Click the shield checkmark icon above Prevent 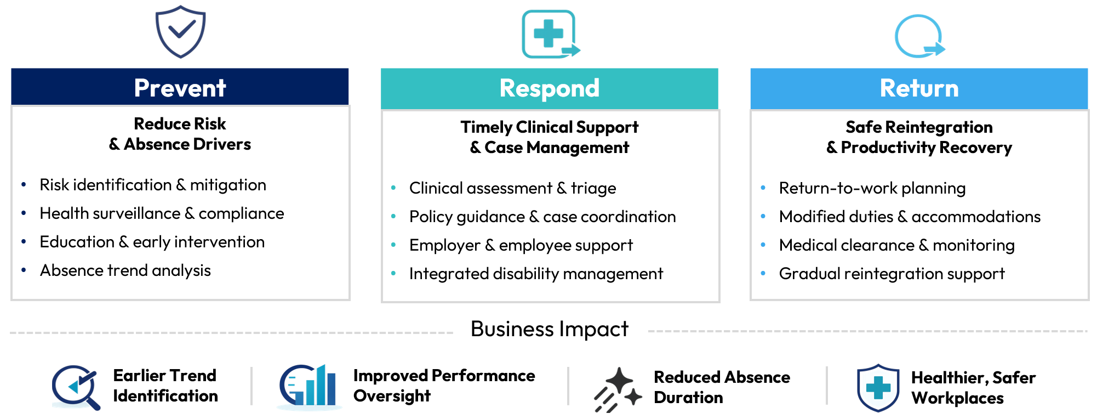pos(180,32)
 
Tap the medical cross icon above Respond pos(550,34)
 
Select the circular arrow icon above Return pos(919,36)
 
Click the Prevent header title pos(180,88)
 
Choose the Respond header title pos(549,88)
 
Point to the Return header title pos(919,88)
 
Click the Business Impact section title pos(549,329)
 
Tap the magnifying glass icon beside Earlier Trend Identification pos(76,387)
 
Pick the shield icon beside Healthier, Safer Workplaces pos(878,387)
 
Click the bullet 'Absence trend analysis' pos(125,270)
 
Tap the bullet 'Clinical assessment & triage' pos(512,188)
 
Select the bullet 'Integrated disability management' pos(536,274)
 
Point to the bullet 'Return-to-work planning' pos(872,188)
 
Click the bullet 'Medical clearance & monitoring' pos(896,245)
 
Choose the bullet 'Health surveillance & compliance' pos(162,213)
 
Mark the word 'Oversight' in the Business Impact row pos(392,396)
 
